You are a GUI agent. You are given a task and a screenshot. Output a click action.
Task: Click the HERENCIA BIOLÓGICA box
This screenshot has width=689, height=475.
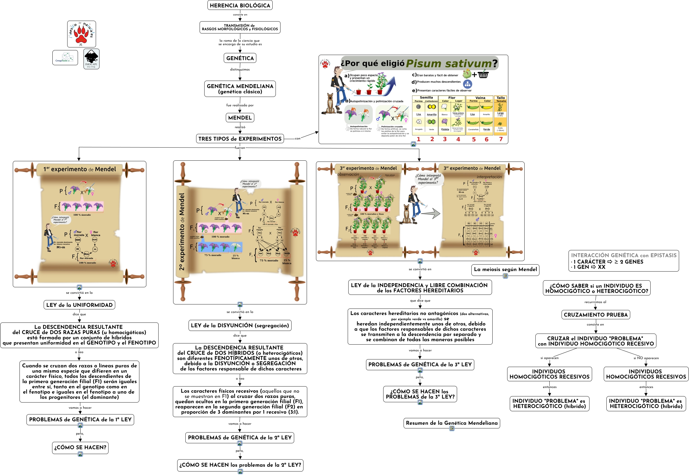(240, 5)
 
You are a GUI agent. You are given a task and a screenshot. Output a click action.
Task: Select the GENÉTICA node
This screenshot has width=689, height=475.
(240, 58)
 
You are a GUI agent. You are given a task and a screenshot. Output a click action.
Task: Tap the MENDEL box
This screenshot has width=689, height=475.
(240, 118)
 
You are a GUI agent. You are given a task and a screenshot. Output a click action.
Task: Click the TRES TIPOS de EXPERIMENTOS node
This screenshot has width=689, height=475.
(240, 139)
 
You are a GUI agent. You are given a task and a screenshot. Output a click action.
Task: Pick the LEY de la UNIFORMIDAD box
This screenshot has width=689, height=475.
(79, 305)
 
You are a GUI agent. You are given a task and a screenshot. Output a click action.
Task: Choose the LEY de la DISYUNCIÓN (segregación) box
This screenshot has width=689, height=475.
(240, 325)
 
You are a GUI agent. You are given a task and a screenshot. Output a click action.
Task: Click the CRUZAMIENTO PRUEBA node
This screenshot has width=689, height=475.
(596, 315)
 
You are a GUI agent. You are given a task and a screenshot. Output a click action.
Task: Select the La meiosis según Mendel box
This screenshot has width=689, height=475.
(505, 269)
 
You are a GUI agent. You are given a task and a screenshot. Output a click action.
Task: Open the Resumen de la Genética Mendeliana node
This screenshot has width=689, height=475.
(452, 423)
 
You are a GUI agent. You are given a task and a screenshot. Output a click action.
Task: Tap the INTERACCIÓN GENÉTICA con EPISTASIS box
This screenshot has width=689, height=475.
(624, 261)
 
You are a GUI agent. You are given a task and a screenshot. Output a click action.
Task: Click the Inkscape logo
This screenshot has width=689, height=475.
(91, 59)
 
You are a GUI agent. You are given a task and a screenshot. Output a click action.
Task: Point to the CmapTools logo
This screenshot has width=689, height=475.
(65, 57)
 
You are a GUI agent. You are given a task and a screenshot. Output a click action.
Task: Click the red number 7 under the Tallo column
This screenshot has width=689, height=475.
(501, 139)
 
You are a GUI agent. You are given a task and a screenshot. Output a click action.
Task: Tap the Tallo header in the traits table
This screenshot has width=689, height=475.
(501, 98)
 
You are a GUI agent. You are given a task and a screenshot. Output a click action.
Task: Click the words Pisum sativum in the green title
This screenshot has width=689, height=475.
(449, 63)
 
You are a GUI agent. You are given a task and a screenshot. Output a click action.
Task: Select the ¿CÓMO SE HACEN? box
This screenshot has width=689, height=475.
(80, 447)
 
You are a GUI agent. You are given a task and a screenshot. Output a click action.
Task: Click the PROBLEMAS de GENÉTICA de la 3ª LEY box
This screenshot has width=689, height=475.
(420, 364)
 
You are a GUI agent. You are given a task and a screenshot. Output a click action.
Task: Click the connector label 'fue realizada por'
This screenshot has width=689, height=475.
(240, 105)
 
